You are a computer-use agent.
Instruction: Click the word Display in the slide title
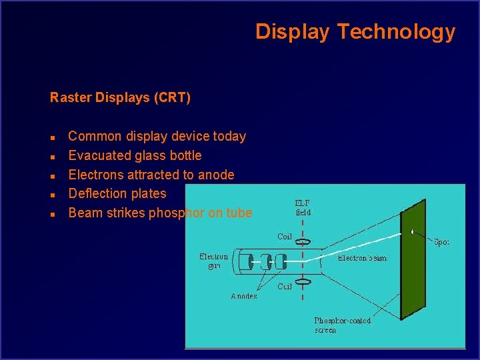[x=293, y=32]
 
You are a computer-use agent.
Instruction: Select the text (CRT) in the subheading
[x=172, y=98]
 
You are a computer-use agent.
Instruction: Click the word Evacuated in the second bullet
[x=99, y=155]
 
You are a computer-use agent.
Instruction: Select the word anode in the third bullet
[x=216, y=175]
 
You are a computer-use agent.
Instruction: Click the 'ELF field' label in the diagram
[x=303, y=207]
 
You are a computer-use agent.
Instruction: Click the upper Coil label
[x=285, y=237]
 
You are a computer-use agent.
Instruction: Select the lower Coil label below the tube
[x=285, y=287]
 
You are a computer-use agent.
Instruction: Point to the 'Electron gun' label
[x=213, y=261]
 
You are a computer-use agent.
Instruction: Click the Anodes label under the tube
[x=244, y=296]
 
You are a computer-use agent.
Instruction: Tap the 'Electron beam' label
[x=362, y=258]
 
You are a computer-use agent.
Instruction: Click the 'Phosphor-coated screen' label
[x=342, y=325]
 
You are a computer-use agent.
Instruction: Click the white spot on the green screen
[x=413, y=232]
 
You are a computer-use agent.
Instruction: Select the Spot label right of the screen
[x=441, y=242]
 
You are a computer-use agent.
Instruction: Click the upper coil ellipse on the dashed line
[x=303, y=241]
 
